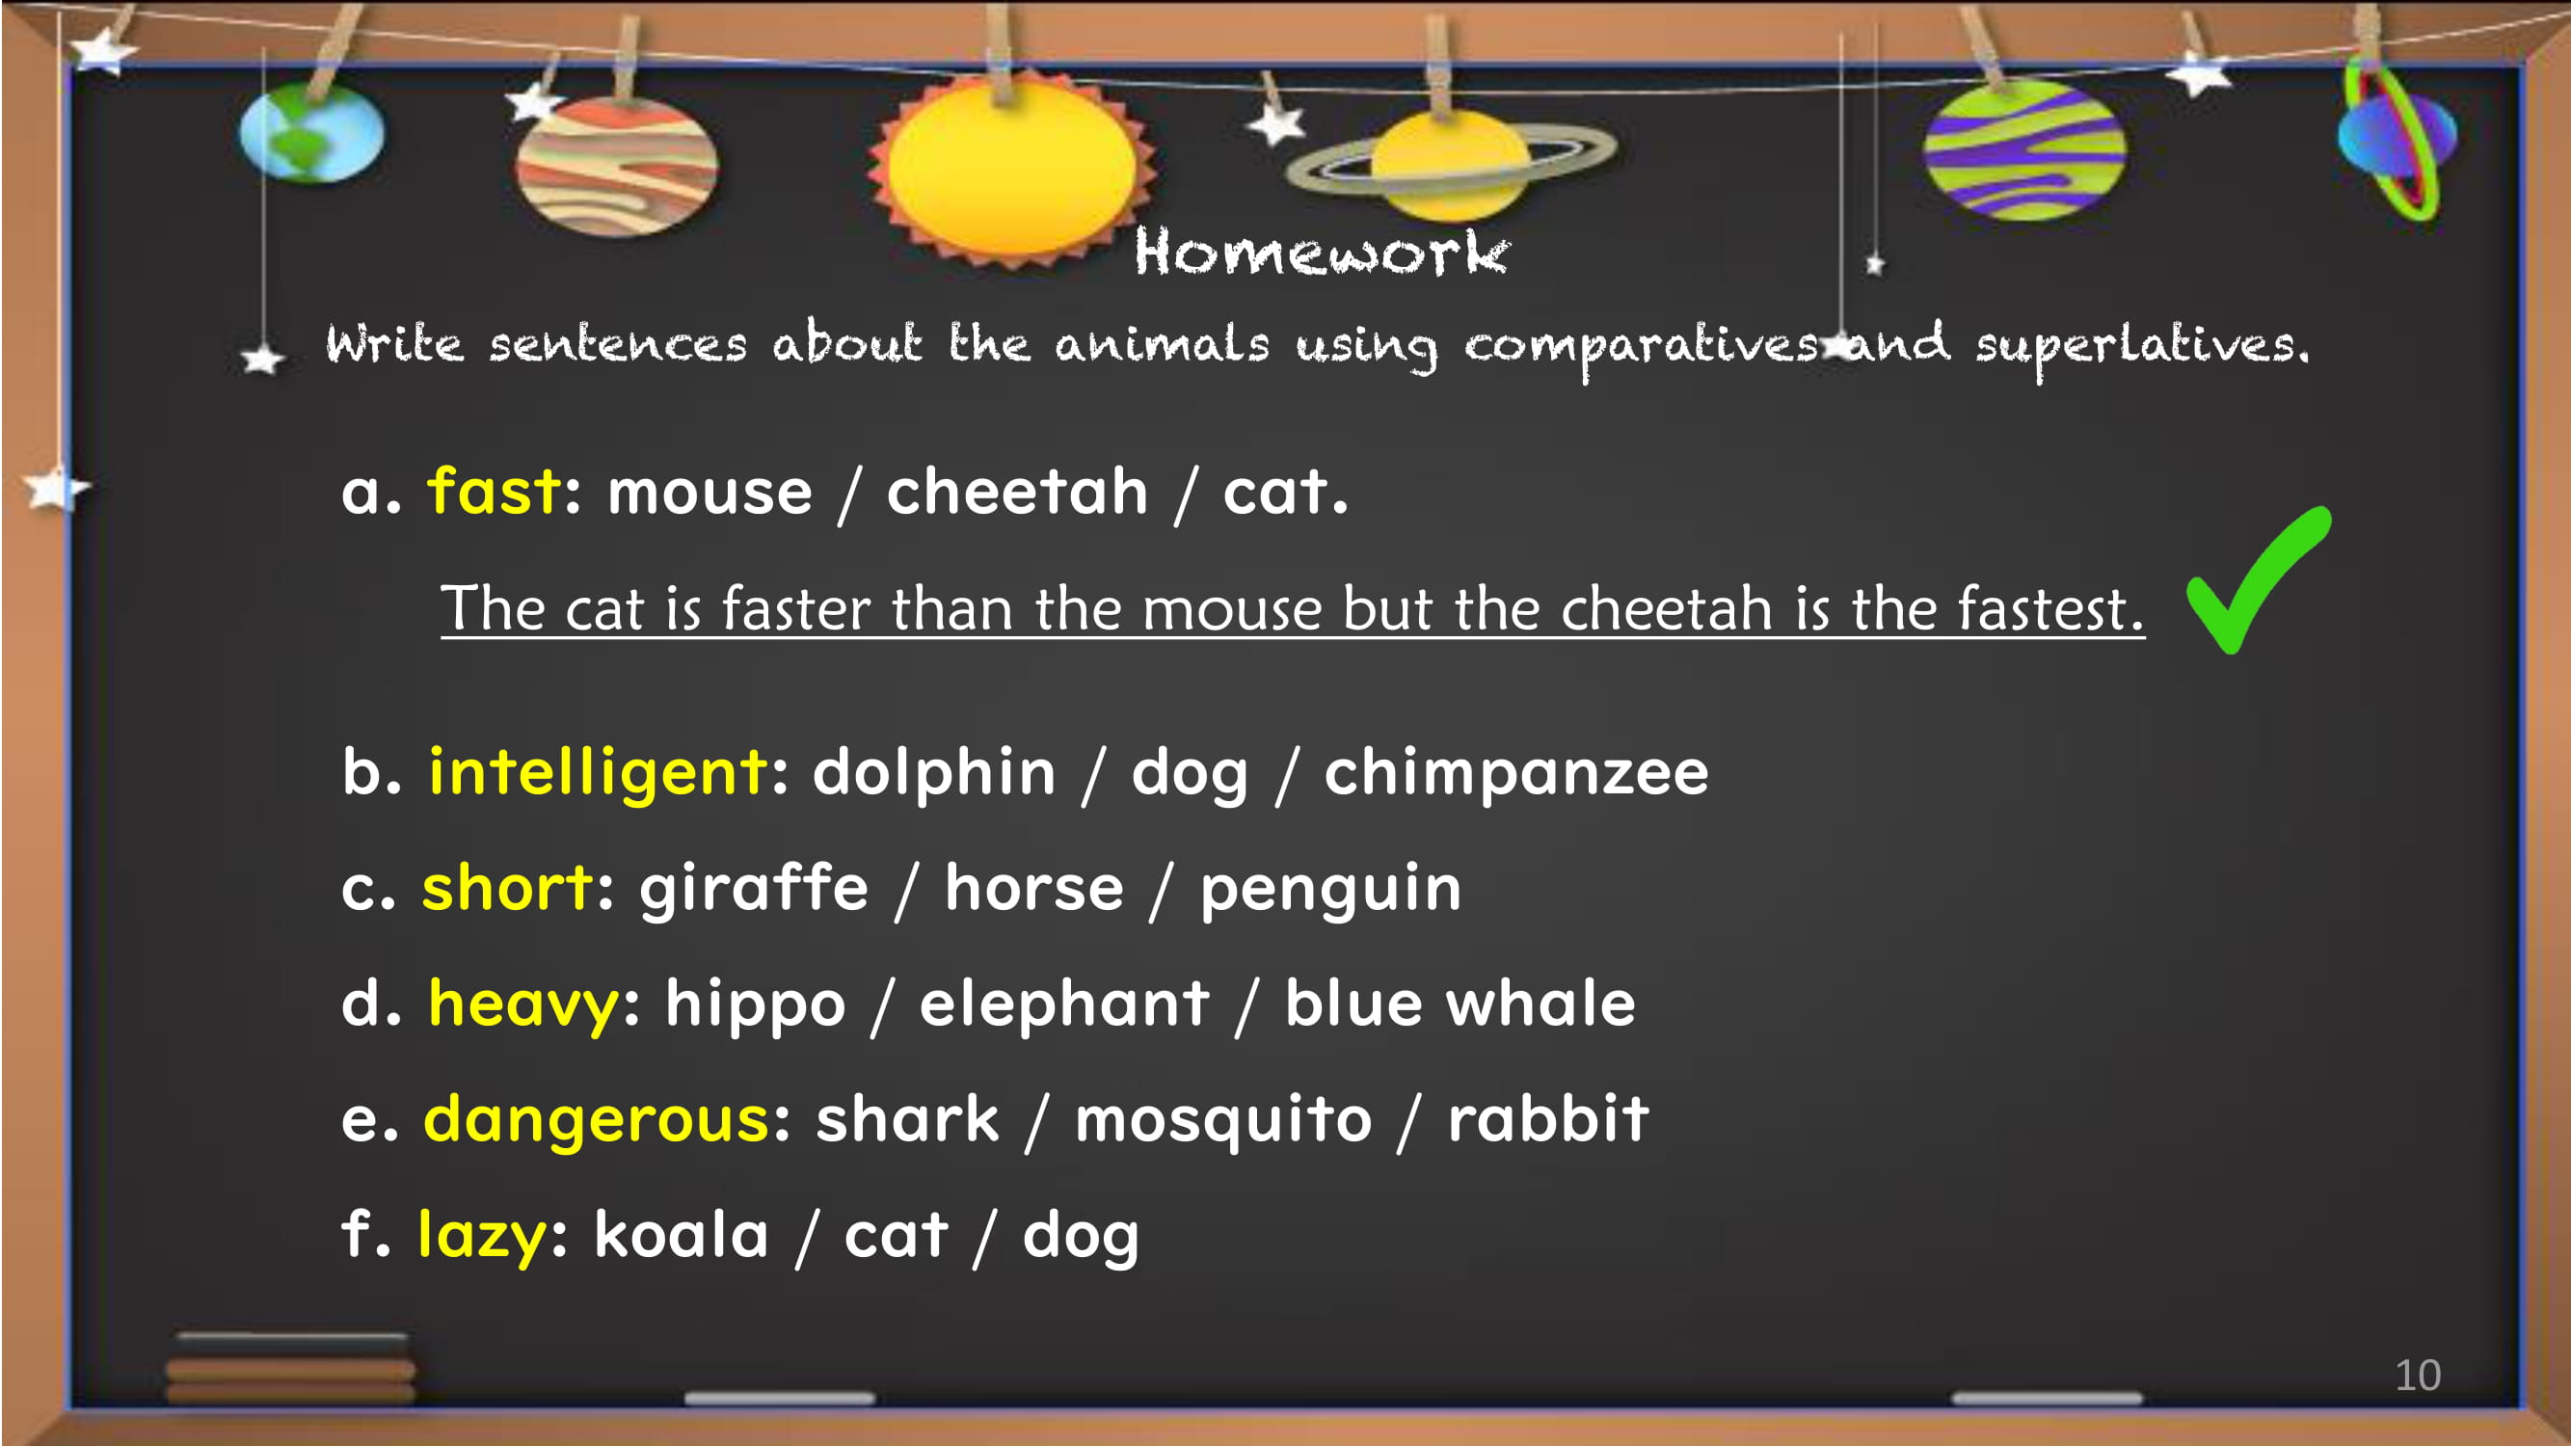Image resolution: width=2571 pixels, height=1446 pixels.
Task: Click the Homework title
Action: [x=1322, y=252]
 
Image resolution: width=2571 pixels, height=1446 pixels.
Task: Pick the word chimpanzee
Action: [x=1516, y=772]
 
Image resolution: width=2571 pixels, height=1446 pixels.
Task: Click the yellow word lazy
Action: [x=482, y=1236]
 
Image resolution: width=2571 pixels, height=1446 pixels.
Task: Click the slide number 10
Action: [x=2419, y=1376]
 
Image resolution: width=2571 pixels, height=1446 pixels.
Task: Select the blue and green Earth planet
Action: [x=311, y=132]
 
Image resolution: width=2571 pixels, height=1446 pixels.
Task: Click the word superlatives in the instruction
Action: [x=2142, y=345]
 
